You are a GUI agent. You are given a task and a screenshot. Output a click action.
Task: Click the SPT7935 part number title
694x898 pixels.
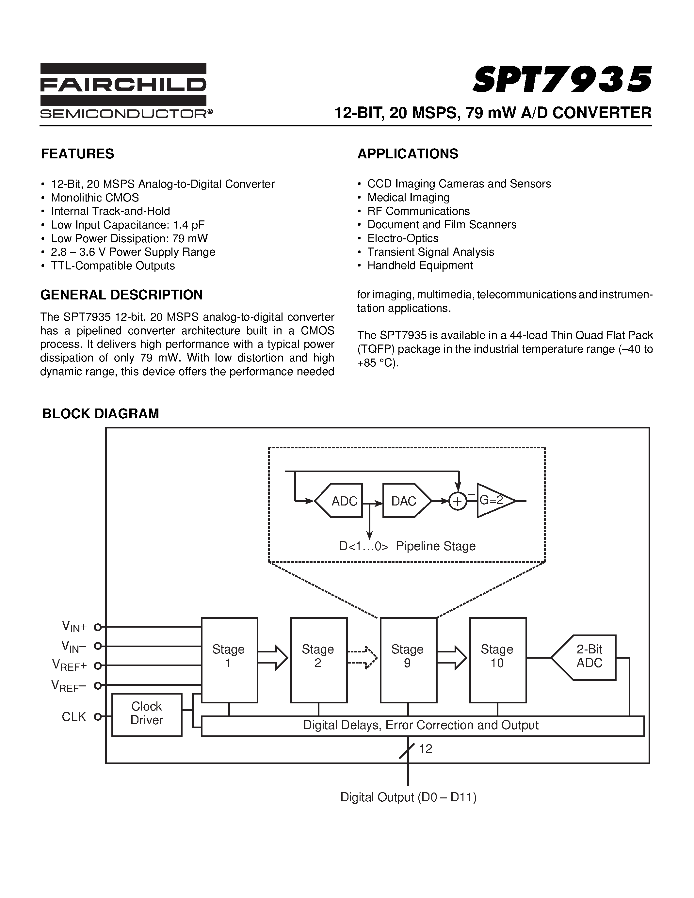(562, 79)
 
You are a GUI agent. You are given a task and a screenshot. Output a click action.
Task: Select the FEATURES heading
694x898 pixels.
(77, 154)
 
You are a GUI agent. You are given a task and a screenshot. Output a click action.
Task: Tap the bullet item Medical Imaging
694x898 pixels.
(408, 197)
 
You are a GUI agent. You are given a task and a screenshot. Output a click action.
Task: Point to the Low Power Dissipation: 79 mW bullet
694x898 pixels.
(129, 238)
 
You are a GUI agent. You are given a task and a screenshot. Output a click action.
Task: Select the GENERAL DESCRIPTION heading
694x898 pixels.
(121, 295)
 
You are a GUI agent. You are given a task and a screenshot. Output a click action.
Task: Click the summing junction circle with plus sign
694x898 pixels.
(458, 501)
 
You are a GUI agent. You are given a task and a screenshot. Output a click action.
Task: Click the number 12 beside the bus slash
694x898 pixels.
(426, 749)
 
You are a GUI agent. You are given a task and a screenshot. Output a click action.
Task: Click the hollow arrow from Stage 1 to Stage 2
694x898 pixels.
(273, 657)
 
